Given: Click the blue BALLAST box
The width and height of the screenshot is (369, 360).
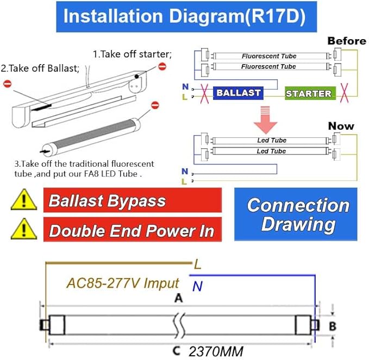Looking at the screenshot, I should [239, 93].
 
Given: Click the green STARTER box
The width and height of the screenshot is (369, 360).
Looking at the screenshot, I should [308, 93].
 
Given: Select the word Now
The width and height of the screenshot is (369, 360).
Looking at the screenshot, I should [341, 126].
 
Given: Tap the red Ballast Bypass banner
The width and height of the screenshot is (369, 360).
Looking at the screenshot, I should [133, 201].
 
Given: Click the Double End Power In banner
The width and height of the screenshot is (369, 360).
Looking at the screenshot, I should [133, 230].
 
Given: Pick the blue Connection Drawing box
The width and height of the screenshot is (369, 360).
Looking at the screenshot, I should [296, 214].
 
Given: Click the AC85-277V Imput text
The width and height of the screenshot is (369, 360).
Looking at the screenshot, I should [123, 283].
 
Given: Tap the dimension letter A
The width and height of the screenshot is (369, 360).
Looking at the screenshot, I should [178, 298].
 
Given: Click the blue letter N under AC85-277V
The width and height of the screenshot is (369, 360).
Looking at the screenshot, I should [197, 286].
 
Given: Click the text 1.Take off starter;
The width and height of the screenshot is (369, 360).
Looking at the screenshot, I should [132, 54].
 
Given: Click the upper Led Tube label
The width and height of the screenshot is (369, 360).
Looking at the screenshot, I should [272, 141].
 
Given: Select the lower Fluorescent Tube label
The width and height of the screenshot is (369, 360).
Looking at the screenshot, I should [268, 66].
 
